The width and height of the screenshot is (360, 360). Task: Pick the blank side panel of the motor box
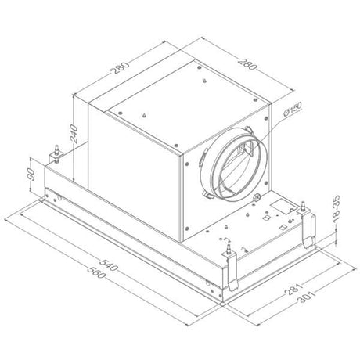[x=137, y=176]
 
